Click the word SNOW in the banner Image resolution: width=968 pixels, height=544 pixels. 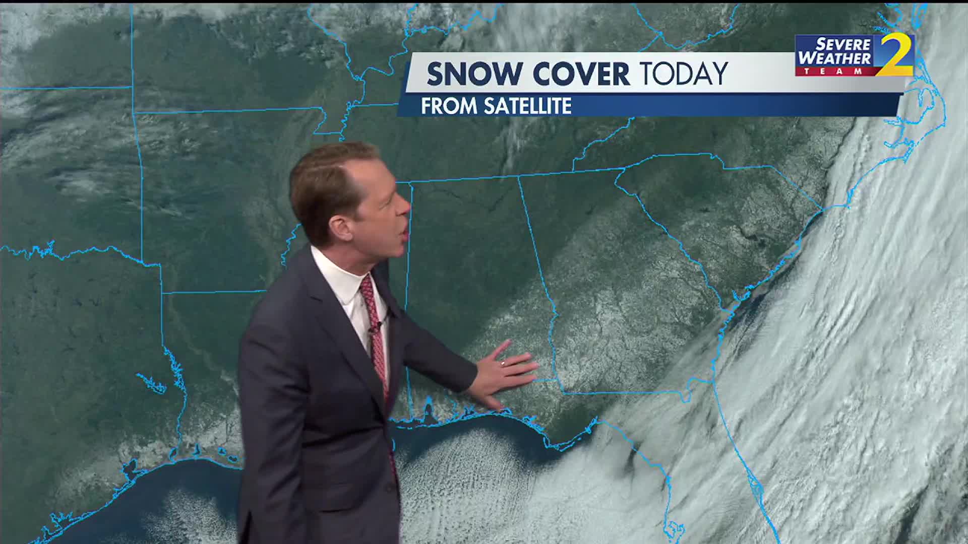coord(473,74)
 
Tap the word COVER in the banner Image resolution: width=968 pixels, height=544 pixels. coord(581,74)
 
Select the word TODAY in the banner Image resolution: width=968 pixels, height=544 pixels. coord(684,74)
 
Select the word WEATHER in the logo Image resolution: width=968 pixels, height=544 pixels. coord(835,58)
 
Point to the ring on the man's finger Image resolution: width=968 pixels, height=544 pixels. coord(503,363)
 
